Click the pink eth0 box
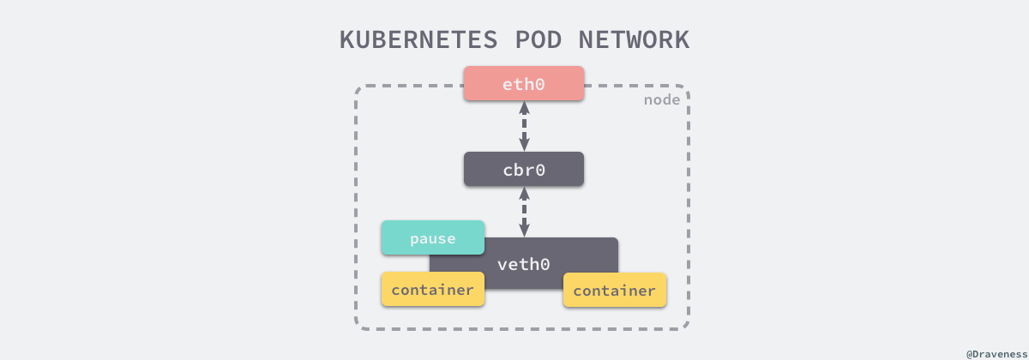pos(524,84)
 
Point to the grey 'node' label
pos(662,100)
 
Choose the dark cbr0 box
pos(524,170)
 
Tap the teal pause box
pos(432,238)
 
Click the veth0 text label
pos(523,264)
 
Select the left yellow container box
pos(432,290)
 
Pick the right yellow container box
pos(614,291)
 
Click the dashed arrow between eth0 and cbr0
pos(524,127)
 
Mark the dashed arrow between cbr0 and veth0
pos(524,212)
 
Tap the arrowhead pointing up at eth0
pos(524,108)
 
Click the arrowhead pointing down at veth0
pos(524,230)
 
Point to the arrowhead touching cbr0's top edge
pos(524,146)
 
